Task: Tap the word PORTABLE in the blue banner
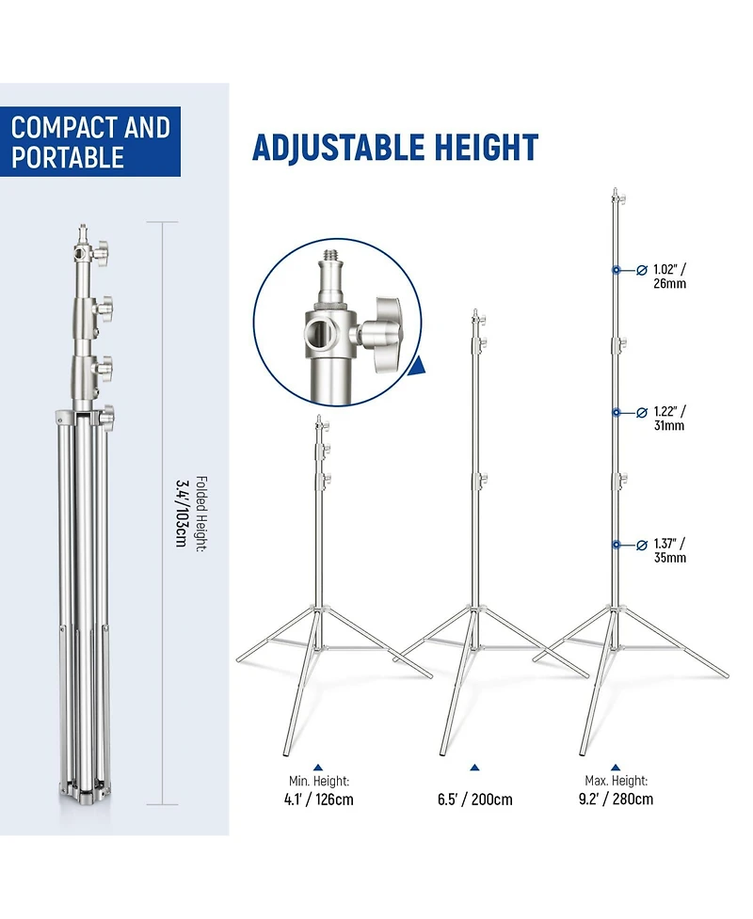click(68, 157)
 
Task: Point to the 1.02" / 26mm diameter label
click(670, 276)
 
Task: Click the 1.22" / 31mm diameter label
click(670, 419)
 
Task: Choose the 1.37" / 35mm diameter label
click(670, 550)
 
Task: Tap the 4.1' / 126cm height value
click(318, 800)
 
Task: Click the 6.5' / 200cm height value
click(475, 800)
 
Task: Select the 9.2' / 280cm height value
click(616, 799)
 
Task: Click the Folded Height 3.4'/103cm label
click(192, 514)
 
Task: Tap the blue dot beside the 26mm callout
click(617, 270)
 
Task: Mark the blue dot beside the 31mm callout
click(617, 413)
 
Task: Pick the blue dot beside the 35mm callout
click(617, 545)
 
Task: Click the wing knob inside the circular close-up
click(382, 332)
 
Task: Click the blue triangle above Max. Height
click(616, 767)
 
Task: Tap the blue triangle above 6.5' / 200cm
click(475, 768)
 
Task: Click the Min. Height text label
click(319, 781)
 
